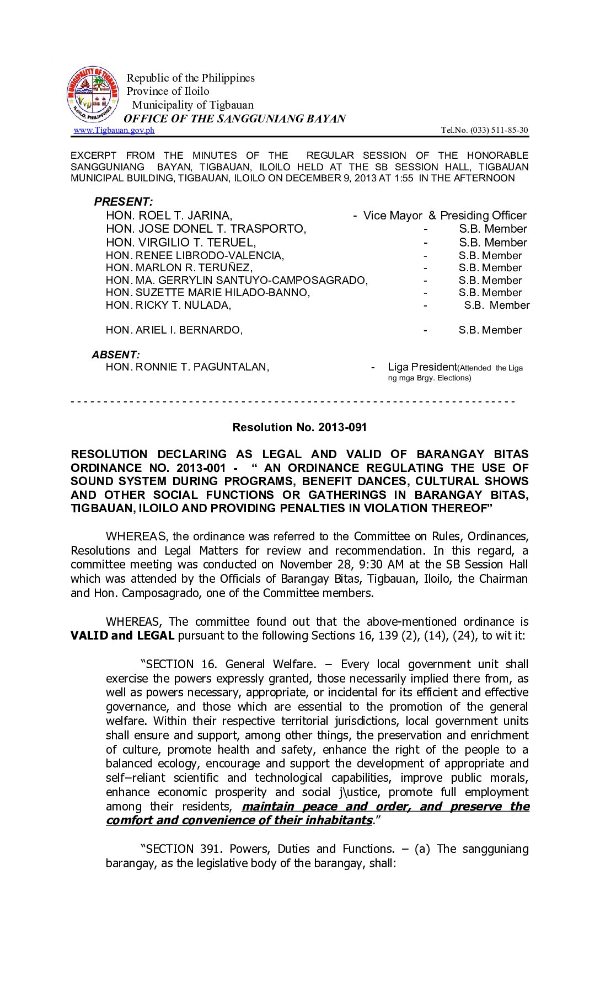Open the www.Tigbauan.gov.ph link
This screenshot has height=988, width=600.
pyautogui.click(x=114, y=130)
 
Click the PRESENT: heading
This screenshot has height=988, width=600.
pyautogui.click(x=123, y=202)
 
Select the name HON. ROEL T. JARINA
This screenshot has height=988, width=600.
pyautogui.click(x=169, y=216)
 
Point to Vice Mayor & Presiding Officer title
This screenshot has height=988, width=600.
pyautogui.click(x=444, y=216)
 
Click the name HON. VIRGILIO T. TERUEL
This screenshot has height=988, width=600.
pyautogui.click(x=181, y=243)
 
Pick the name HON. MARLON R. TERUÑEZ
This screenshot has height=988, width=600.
pyautogui.click(x=179, y=268)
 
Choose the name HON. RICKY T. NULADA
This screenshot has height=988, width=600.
pyautogui.click(x=168, y=305)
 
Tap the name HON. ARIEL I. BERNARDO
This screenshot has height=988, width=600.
pyautogui.click(x=174, y=330)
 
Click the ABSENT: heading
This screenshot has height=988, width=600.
pyautogui.click(x=116, y=355)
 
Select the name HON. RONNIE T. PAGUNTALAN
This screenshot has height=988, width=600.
pyautogui.click(x=187, y=367)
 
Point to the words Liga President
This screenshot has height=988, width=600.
pyautogui.click(x=422, y=367)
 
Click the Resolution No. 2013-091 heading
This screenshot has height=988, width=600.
pyautogui.click(x=299, y=427)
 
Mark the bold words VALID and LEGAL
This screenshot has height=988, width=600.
pyautogui.click(x=122, y=636)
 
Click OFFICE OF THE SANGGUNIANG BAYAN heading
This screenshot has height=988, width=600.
pyautogui.click(x=235, y=119)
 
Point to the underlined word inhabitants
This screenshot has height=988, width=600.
pyautogui.click(x=336, y=820)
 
